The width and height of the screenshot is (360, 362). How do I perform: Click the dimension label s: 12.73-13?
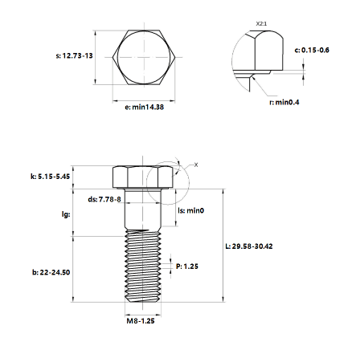[74, 55]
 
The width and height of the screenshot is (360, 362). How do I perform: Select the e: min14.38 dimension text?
[144, 107]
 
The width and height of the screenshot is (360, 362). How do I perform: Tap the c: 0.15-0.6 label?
[312, 50]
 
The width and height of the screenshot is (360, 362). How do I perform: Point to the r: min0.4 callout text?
[284, 102]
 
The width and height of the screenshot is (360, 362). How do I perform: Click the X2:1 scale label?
[261, 24]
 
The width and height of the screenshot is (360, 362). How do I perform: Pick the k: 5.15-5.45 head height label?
[50, 177]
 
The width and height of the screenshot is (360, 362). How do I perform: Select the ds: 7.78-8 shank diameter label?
[104, 199]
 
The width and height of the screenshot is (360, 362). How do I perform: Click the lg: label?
[66, 214]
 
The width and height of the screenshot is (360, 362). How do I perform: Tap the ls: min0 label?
[191, 210]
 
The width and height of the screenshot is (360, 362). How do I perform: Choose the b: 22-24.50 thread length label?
[51, 272]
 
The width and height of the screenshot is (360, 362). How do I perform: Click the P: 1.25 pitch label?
[187, 266]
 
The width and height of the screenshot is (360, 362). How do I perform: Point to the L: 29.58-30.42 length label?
[249, 246]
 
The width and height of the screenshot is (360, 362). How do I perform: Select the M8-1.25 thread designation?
[141, 321]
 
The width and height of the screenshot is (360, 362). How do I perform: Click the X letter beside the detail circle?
[196, 165]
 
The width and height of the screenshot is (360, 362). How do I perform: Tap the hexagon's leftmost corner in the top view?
[112, 57]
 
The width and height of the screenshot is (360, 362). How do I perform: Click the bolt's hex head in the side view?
[143, 177]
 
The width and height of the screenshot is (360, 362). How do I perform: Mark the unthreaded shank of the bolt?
[143, 209]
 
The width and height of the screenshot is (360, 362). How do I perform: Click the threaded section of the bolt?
[143, 266]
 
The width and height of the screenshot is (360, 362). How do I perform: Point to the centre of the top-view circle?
[144, 57]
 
